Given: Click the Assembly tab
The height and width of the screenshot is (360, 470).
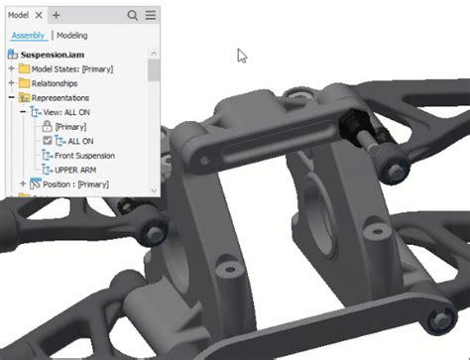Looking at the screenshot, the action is (28, 36).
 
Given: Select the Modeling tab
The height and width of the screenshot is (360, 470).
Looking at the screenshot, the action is (72, 36).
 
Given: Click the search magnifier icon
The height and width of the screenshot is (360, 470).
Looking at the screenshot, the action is (133, 15).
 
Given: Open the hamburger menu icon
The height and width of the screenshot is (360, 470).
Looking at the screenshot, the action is (151, 15).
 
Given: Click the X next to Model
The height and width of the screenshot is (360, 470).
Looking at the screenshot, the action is (39, 15).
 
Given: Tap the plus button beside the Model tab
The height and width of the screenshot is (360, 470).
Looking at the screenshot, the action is (56, 15).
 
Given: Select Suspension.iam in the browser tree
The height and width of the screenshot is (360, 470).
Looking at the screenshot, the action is (53, 55).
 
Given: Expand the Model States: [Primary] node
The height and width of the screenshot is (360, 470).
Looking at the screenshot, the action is (12, 68).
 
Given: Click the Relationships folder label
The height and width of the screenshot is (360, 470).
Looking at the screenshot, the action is (55, 83).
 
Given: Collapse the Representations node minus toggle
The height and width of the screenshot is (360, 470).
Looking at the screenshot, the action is (12, 97).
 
